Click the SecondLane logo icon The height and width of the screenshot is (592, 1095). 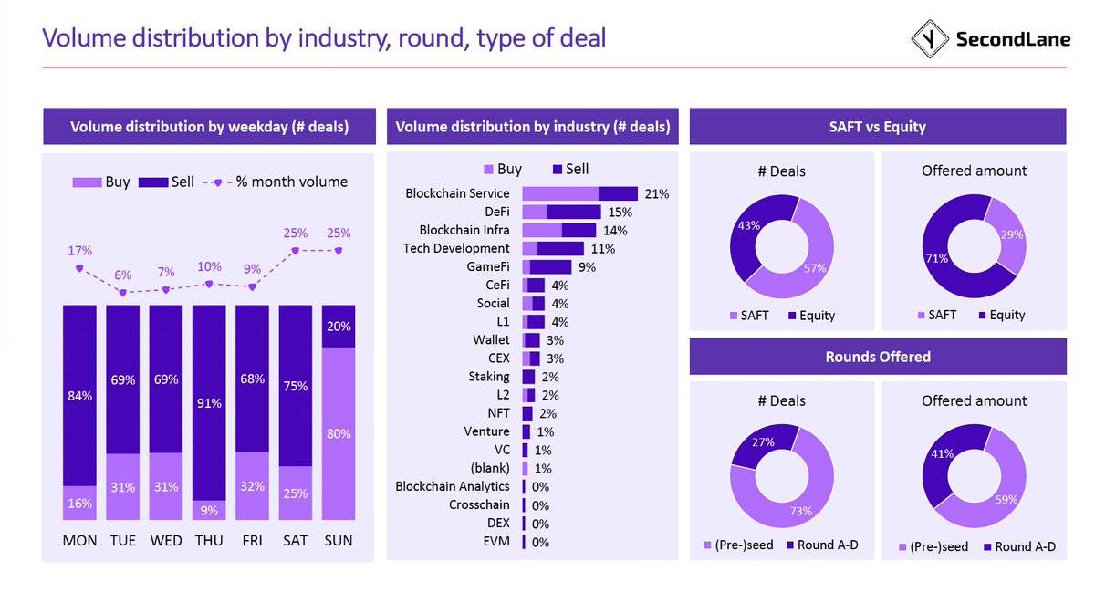click(930, 38)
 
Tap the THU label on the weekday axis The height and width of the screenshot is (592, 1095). click(209, 541)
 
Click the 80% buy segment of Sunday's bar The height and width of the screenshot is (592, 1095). click(339, 434)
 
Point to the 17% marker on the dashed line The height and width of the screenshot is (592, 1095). click(79, 268)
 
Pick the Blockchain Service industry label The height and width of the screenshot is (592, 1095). click(457, 193)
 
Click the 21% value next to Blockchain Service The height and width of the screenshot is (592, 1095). click(656, 194)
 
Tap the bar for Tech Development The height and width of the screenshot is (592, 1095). click(553, 248)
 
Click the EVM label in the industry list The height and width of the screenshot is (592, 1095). click(495, 542)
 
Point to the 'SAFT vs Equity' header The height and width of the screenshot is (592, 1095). click(877, 127)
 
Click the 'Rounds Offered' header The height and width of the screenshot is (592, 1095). click(877, 357)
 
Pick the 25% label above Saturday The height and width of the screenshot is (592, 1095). click(295, 233)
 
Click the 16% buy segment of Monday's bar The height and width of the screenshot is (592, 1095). click(79, 503)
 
